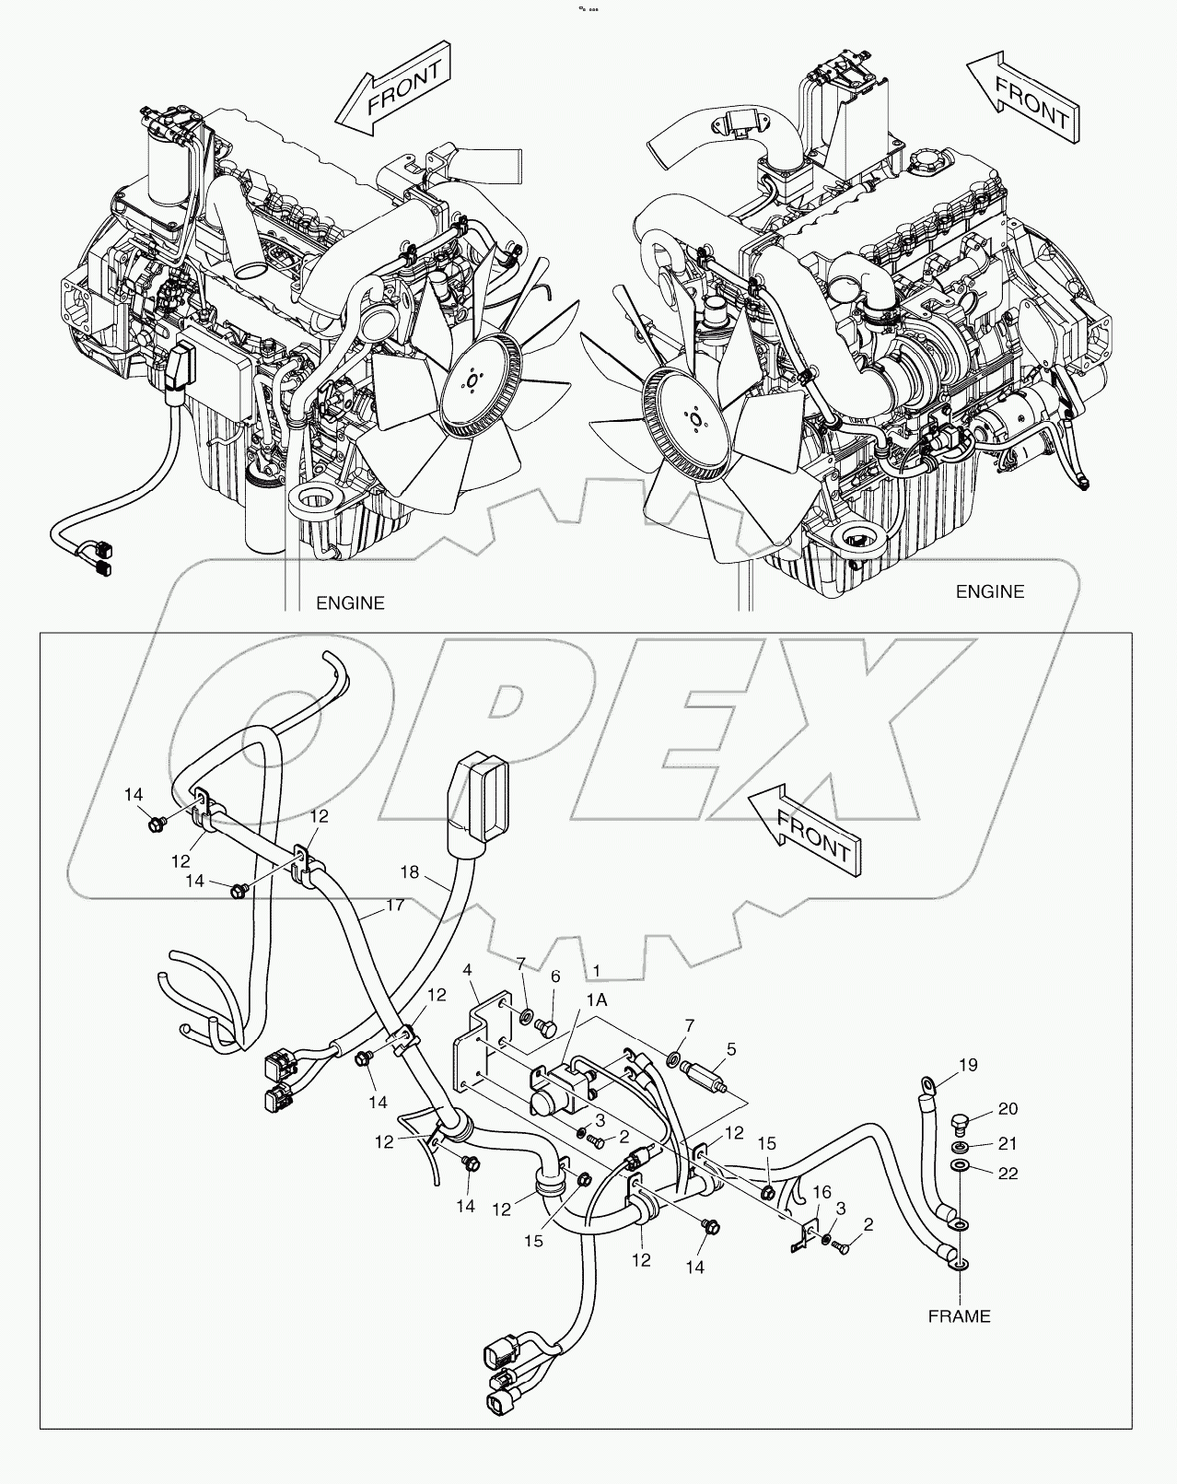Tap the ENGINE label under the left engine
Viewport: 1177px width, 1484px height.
pos(350,603)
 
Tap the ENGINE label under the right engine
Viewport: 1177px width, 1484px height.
pos(990,591)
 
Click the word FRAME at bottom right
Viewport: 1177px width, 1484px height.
pos(959,1316)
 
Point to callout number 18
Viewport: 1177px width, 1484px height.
pos(410,871)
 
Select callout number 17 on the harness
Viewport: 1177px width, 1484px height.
pos(395,905)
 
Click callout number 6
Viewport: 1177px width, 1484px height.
pos(555,976)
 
